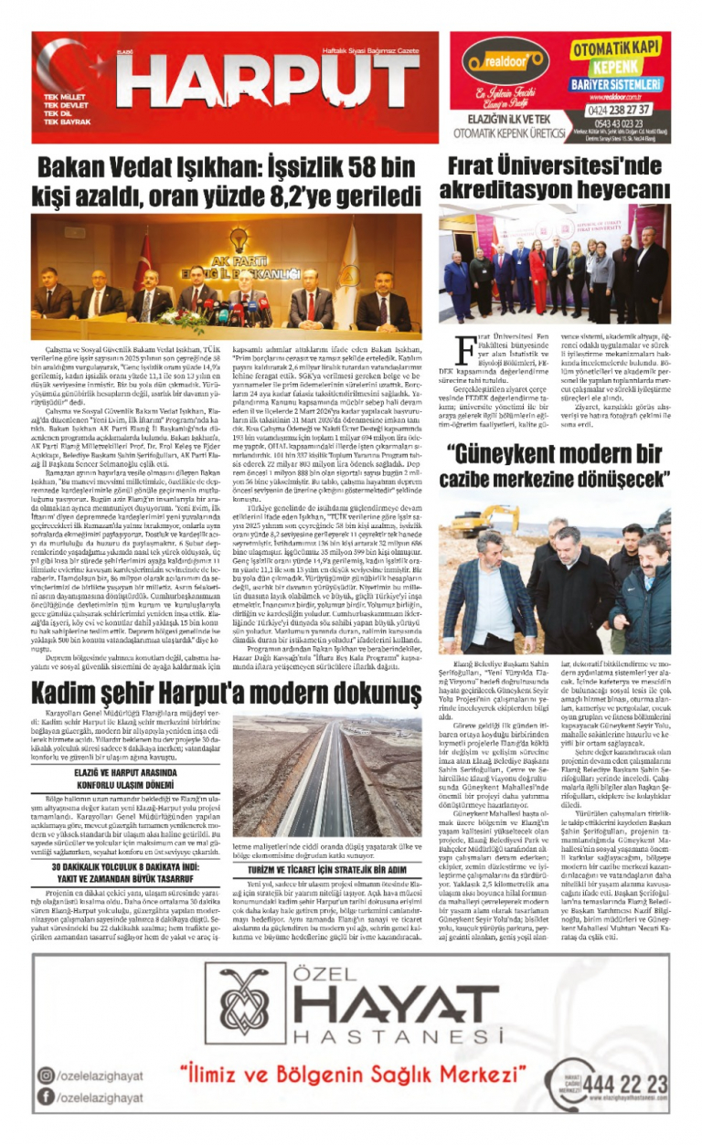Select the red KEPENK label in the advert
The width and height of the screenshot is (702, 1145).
(x=617, y=68)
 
